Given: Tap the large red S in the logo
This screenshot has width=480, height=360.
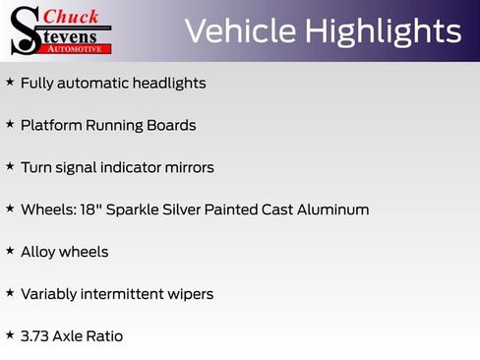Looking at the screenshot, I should [x=24, y=29].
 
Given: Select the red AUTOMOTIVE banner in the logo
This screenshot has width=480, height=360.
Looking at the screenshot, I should [x=80, y=48].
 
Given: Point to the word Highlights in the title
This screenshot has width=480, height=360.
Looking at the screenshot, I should [x=383, y=31].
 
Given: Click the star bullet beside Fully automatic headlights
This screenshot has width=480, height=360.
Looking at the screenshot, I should [x=10, y=83].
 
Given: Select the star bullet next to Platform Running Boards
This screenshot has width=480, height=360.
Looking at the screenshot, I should [x=10, y=125].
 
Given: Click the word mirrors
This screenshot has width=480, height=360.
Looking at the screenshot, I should [x=186, y=168].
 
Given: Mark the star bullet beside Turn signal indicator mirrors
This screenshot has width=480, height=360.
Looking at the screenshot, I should [x=10, y=167].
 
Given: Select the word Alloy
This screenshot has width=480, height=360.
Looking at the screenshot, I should [x=37, y=253].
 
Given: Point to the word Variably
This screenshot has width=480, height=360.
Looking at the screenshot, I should [x=50, y=295].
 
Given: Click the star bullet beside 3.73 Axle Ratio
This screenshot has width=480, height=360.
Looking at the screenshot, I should [x=10, y=335].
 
